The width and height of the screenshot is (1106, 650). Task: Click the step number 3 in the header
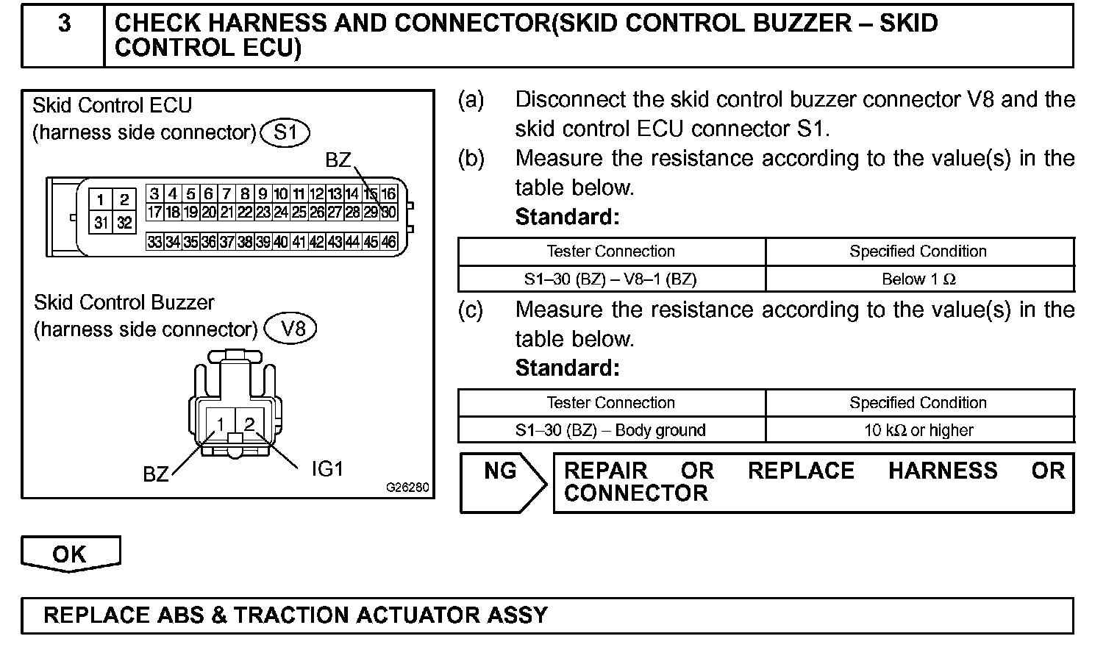(x=65, y=24)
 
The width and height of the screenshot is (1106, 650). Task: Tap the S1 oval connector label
(x=285, y=133)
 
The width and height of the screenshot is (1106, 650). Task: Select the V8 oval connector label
(x=293, y=328)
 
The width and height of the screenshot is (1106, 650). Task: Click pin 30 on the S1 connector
(x=388, y=213)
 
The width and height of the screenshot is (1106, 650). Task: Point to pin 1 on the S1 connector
(x=101, y=200)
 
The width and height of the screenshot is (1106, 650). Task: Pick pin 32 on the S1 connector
(x=124, y=222)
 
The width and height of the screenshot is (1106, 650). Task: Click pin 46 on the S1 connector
(x=388, y=242)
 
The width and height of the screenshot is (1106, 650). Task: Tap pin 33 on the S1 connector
(x=154, y=242)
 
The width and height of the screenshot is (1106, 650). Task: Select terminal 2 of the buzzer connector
(x=249, y=424)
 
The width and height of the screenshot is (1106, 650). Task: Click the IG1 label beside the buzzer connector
(x=327, y=468)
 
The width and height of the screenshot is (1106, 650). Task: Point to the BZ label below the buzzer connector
(x=156, y=474)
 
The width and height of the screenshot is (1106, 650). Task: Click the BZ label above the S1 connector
(x=338, y=160)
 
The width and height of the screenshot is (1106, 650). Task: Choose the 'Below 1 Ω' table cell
(x=919, y=279)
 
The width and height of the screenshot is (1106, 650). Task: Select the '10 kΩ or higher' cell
(x=919, y=430)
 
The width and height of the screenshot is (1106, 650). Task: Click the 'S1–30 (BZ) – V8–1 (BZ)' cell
(x=610, y=279)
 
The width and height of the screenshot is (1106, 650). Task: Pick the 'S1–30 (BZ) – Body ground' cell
(x=610, y=430)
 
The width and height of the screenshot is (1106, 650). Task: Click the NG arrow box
(x=502, y=482)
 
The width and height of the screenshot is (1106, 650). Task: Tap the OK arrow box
(x=70, y=554)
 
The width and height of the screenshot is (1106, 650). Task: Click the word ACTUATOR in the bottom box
(x=413, y=615)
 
